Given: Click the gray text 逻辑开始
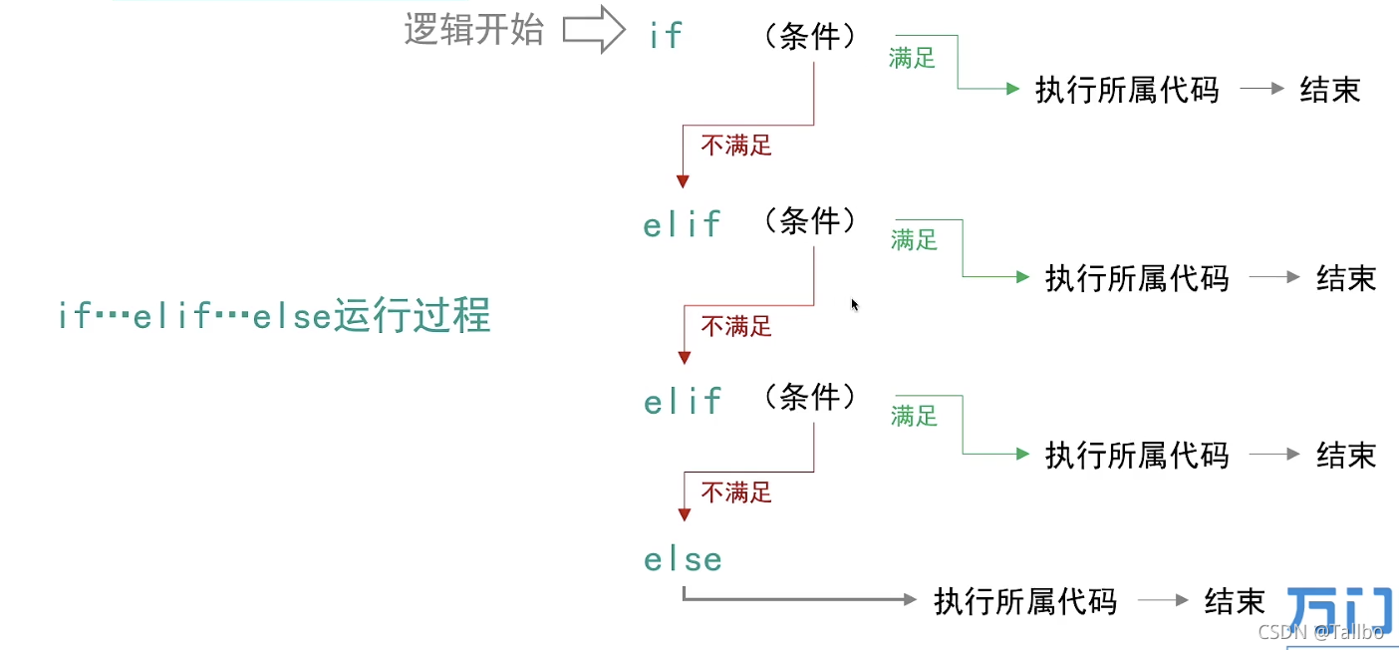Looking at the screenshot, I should point(473,30).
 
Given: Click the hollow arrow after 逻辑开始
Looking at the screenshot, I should point(594,30).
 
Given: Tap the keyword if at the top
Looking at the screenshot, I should point(666,36).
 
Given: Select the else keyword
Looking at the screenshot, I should point(683,559).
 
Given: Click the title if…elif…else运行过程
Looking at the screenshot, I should point(274,316).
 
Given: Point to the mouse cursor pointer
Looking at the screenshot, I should point(854,304).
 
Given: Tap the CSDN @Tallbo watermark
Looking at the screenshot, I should point(1320,632).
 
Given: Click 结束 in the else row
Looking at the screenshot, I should point(1235,601).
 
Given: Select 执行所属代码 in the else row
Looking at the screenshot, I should point(1025,601).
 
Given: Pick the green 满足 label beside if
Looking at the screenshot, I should point(912,59).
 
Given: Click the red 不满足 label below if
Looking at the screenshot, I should point(736,146).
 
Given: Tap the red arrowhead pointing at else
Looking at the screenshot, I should point(684,514).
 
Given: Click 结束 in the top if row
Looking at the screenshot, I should point(1330,90).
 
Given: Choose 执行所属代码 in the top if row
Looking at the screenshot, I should point(1127,90).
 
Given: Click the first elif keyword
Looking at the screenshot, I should point(683,224).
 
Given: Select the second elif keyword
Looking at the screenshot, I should point(683,402).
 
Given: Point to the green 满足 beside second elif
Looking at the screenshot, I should point(915,416).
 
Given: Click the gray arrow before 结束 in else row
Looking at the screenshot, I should point(1163,601).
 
